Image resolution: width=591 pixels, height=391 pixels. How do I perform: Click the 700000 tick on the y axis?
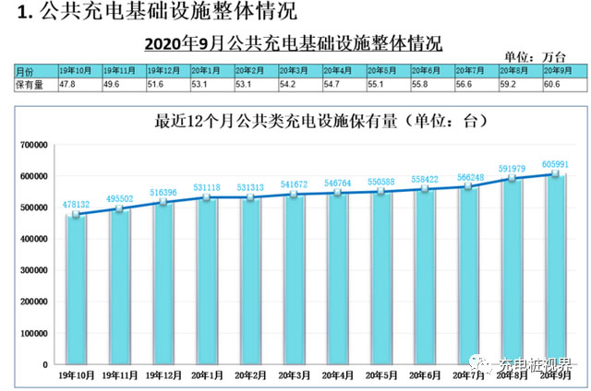34,145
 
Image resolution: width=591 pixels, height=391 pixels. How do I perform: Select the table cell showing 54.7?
337,83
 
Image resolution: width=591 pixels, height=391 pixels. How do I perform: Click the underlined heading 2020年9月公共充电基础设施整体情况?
294,42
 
